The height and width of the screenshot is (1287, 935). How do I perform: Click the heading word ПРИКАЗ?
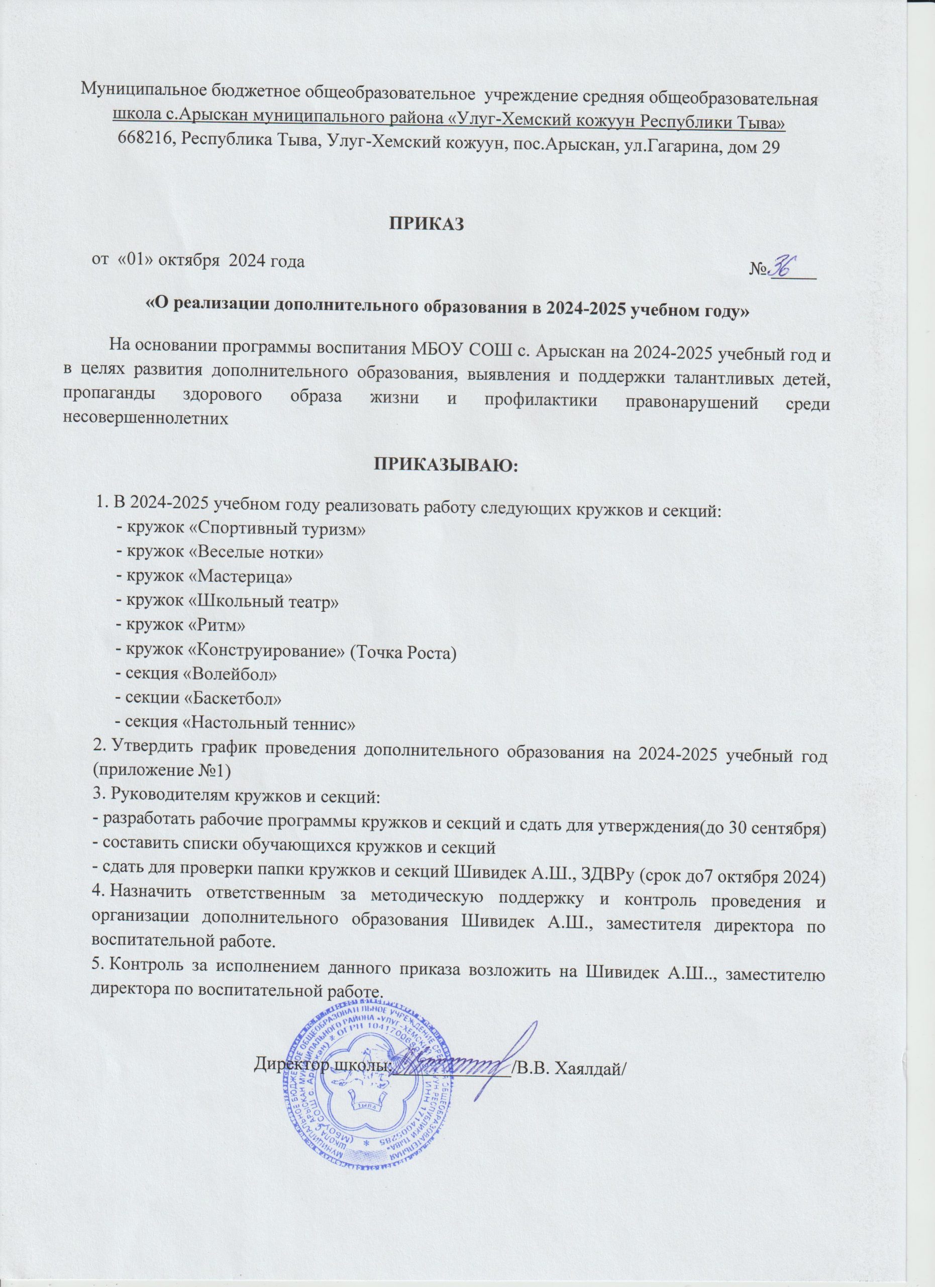click(426, 224)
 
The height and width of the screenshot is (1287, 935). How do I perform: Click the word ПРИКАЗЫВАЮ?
click(445, 466)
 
